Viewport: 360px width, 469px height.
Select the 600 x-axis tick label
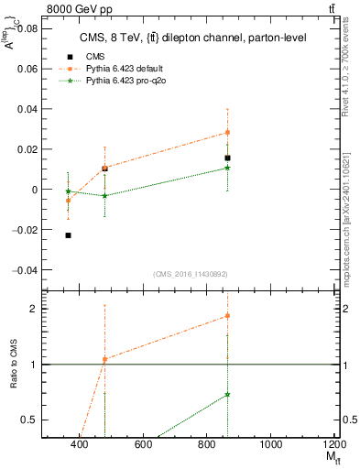(143, 445)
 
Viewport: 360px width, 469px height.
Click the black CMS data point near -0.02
(69, 235)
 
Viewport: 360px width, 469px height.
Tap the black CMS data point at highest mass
(227, 158)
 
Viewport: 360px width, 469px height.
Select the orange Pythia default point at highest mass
(227, 132)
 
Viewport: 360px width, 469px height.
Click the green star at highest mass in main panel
(227, 168)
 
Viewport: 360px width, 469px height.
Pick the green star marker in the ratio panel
(227, 394)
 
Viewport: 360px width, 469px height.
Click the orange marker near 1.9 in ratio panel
(227, 315)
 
